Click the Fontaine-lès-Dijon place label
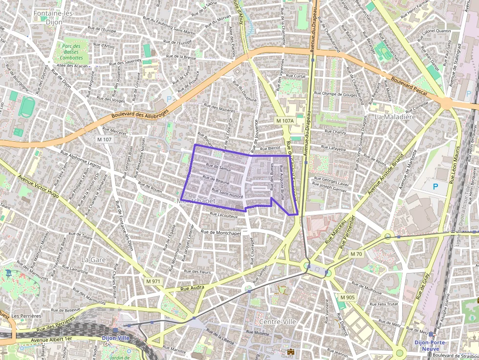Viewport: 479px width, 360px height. (53, 17)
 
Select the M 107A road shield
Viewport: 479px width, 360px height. (284, 121)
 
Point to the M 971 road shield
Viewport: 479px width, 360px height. (153, 281)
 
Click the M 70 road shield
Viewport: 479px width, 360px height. (356, 254)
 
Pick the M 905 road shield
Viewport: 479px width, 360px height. (348, 297)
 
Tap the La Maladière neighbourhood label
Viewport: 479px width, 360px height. (395, 117)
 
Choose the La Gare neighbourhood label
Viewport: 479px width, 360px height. (93, 260)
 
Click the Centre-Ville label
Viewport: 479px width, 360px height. (278, 322)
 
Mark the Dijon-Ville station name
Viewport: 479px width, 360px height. (115, 338)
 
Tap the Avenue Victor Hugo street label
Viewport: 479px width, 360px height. (44, 190)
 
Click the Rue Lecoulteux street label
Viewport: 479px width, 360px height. (223, 214)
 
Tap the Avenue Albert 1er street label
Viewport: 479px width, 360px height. (51, 339)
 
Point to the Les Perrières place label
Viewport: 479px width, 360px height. (26, 316)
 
